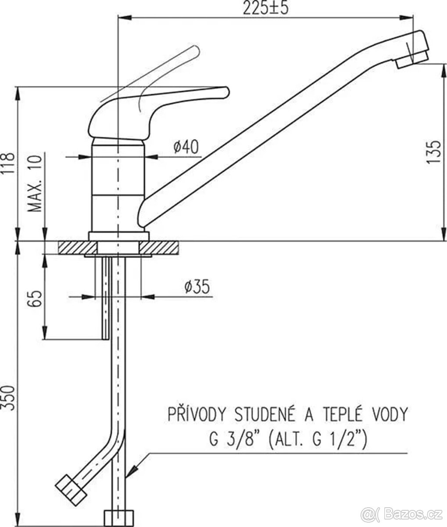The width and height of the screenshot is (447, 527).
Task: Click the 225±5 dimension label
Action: pos(265,8)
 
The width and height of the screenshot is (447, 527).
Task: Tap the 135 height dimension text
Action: pos(433,152)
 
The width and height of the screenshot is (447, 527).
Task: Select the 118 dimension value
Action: pos(7,163)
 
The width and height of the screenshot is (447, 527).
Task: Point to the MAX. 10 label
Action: pos(35,184)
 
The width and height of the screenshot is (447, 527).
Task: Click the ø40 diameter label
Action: pos(186,147)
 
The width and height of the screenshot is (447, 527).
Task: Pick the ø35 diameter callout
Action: pos(197,287)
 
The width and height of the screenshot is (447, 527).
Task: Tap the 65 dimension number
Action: pos(34,299)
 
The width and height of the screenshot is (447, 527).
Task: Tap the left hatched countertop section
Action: pos(78,248)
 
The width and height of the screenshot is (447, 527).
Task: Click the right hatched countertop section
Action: pos(159,248)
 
